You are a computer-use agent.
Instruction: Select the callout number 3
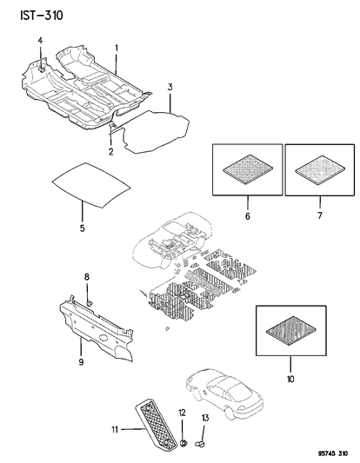(170, 87)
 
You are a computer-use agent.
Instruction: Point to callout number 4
(40, 42)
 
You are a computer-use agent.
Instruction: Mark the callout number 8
(86, 277)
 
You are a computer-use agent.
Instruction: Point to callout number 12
(182, 412)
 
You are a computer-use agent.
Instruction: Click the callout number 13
(206, 419)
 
